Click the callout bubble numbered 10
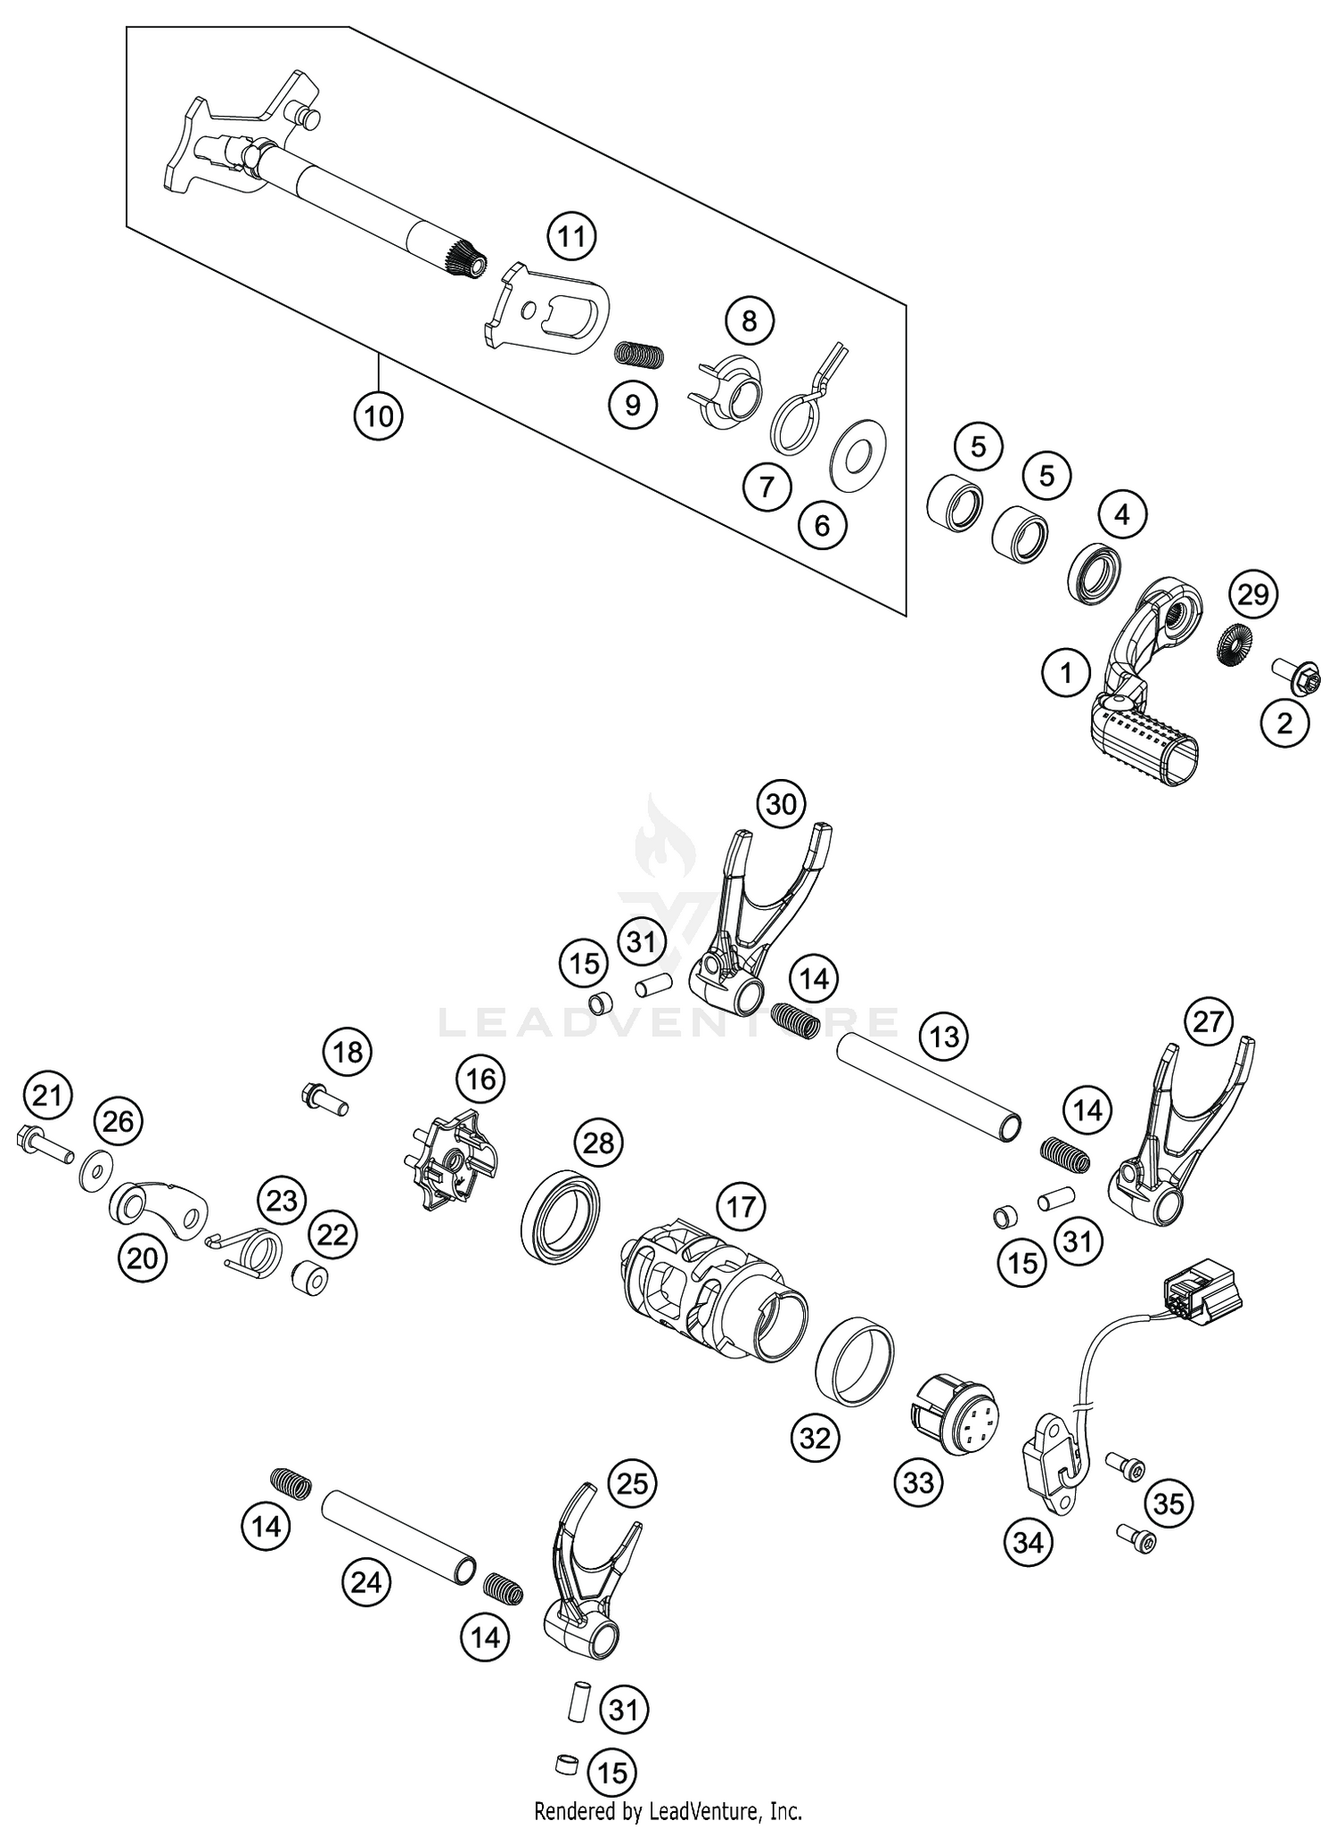point(378,415)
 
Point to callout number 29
point(1253,594)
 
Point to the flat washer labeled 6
point(857,454)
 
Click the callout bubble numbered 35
point(1169,1503)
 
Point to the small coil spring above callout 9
point(640,355)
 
